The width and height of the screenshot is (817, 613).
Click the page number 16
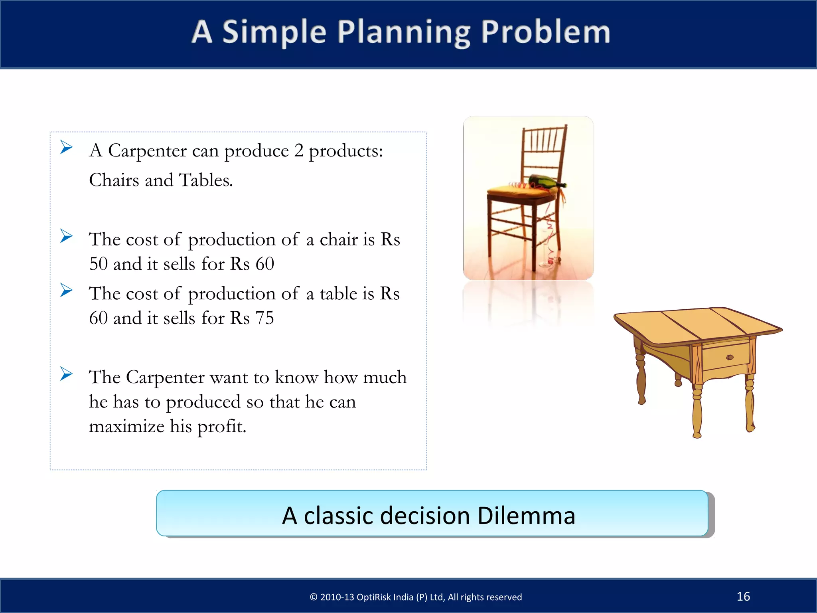click(x=743, y=596)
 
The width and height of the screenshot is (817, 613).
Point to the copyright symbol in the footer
click(x=314, y=597)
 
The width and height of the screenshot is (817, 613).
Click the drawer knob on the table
click(x=730, y=357)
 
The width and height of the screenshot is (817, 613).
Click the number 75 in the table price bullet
click(x=264, y=318)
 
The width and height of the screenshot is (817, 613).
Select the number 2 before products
click(x=299, y=151)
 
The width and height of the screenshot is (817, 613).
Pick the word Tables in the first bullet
click(x=205, y=180)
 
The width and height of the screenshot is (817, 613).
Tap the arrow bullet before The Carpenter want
click(x=66, y=374)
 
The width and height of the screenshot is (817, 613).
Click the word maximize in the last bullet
click(x=126, y=426)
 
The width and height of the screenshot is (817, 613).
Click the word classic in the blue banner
click(x=338, y=515)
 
